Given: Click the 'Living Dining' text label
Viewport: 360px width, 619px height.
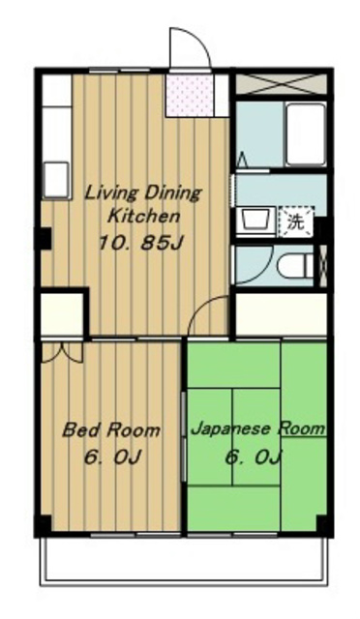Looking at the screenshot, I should [x=142, y=192].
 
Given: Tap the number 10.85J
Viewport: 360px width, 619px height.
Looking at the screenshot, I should [x=139, y=243].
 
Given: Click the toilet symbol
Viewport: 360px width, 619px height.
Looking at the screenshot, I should [x=294, y=264].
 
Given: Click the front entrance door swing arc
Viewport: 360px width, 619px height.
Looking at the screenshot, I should [x=188, y=48].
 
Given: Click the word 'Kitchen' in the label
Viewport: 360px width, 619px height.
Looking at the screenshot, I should [x=142, y=216].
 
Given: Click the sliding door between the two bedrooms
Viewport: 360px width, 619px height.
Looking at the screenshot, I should [x=184, y=435].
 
